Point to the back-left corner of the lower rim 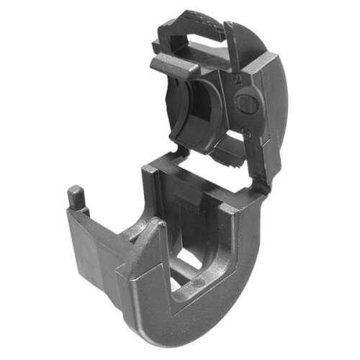pos(148,171)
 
